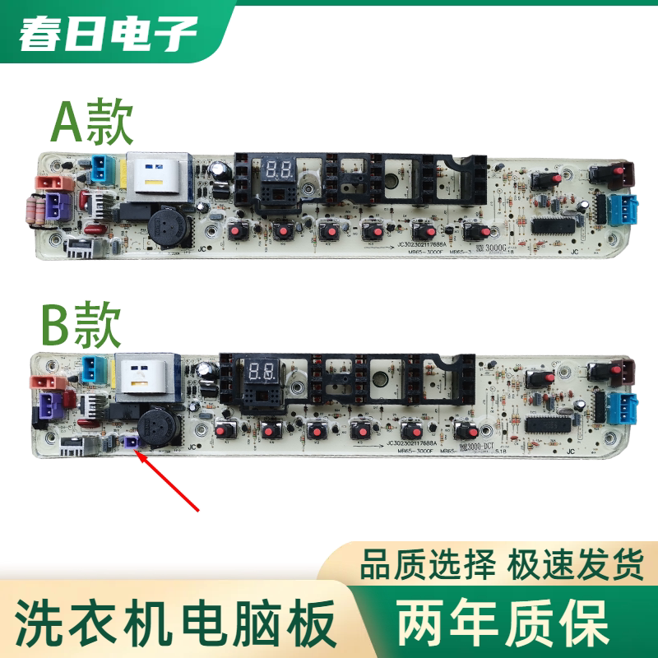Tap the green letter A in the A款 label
click(67, 124)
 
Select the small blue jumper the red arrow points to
click(129, 442)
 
